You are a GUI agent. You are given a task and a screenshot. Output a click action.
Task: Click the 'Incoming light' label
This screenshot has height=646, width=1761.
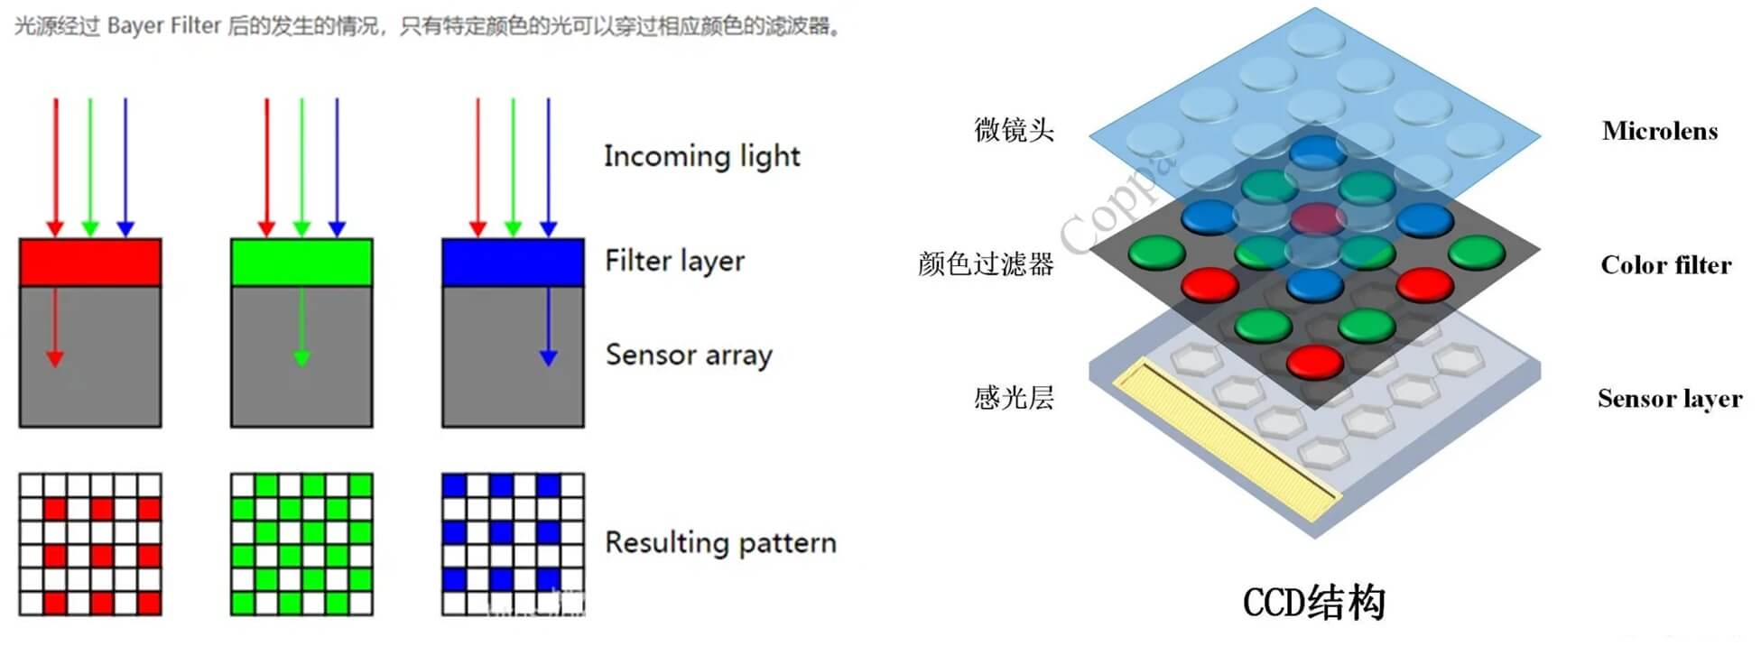(x=701, y=156)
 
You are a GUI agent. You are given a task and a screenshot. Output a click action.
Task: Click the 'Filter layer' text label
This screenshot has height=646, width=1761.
(x=674, y=262)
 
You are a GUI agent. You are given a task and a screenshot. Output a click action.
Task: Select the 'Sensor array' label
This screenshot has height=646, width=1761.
(x=689, y=355)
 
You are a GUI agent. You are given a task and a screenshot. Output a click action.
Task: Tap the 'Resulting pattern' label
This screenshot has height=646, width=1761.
(x=720, y=543)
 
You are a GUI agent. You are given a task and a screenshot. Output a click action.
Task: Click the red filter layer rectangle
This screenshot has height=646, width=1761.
(x=90, y=263)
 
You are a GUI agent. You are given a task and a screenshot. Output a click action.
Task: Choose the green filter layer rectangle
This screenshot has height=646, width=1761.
(x=301, y=263)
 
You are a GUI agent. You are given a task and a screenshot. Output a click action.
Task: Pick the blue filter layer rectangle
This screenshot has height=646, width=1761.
(x=513, y=263)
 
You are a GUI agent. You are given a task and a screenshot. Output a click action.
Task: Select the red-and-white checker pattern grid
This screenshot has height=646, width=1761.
(x=90, y=544)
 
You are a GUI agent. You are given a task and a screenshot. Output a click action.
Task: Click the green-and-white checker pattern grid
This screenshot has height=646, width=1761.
(x=301, y=544)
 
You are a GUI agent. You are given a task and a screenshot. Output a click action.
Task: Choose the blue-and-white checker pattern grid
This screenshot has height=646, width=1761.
(x=513, y=544)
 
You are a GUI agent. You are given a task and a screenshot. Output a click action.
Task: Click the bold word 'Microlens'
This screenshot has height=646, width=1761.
(x=1659, y=132)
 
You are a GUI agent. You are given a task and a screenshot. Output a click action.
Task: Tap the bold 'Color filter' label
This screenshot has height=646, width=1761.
(x=1665, y=265)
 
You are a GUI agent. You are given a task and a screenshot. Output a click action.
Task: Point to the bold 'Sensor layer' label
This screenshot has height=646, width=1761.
(x=1669, y=399)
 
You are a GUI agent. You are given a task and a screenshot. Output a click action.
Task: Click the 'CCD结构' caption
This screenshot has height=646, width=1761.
(x=1313, y=603)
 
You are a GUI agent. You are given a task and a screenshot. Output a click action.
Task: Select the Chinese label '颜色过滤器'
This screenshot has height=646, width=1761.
(x=986, y=264)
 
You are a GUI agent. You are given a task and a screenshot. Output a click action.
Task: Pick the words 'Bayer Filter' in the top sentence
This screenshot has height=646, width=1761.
(x=163, y=26)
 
